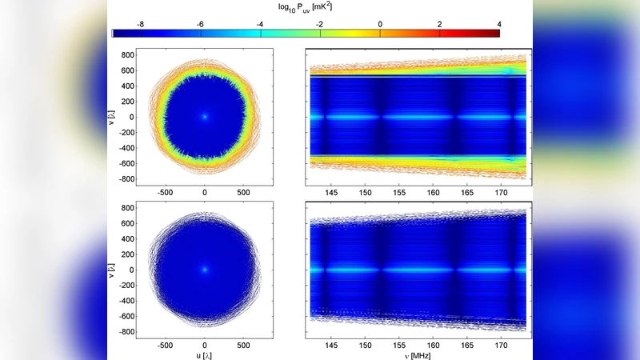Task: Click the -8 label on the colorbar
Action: [x=140, y=25]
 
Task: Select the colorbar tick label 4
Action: [x=499, y=25]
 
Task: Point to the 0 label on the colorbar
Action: [x=380, y=25]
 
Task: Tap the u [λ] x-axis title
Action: [x=205, y=355]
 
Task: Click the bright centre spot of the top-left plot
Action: [x=205, y=117]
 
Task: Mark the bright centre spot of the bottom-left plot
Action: [x=205, y=270]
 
